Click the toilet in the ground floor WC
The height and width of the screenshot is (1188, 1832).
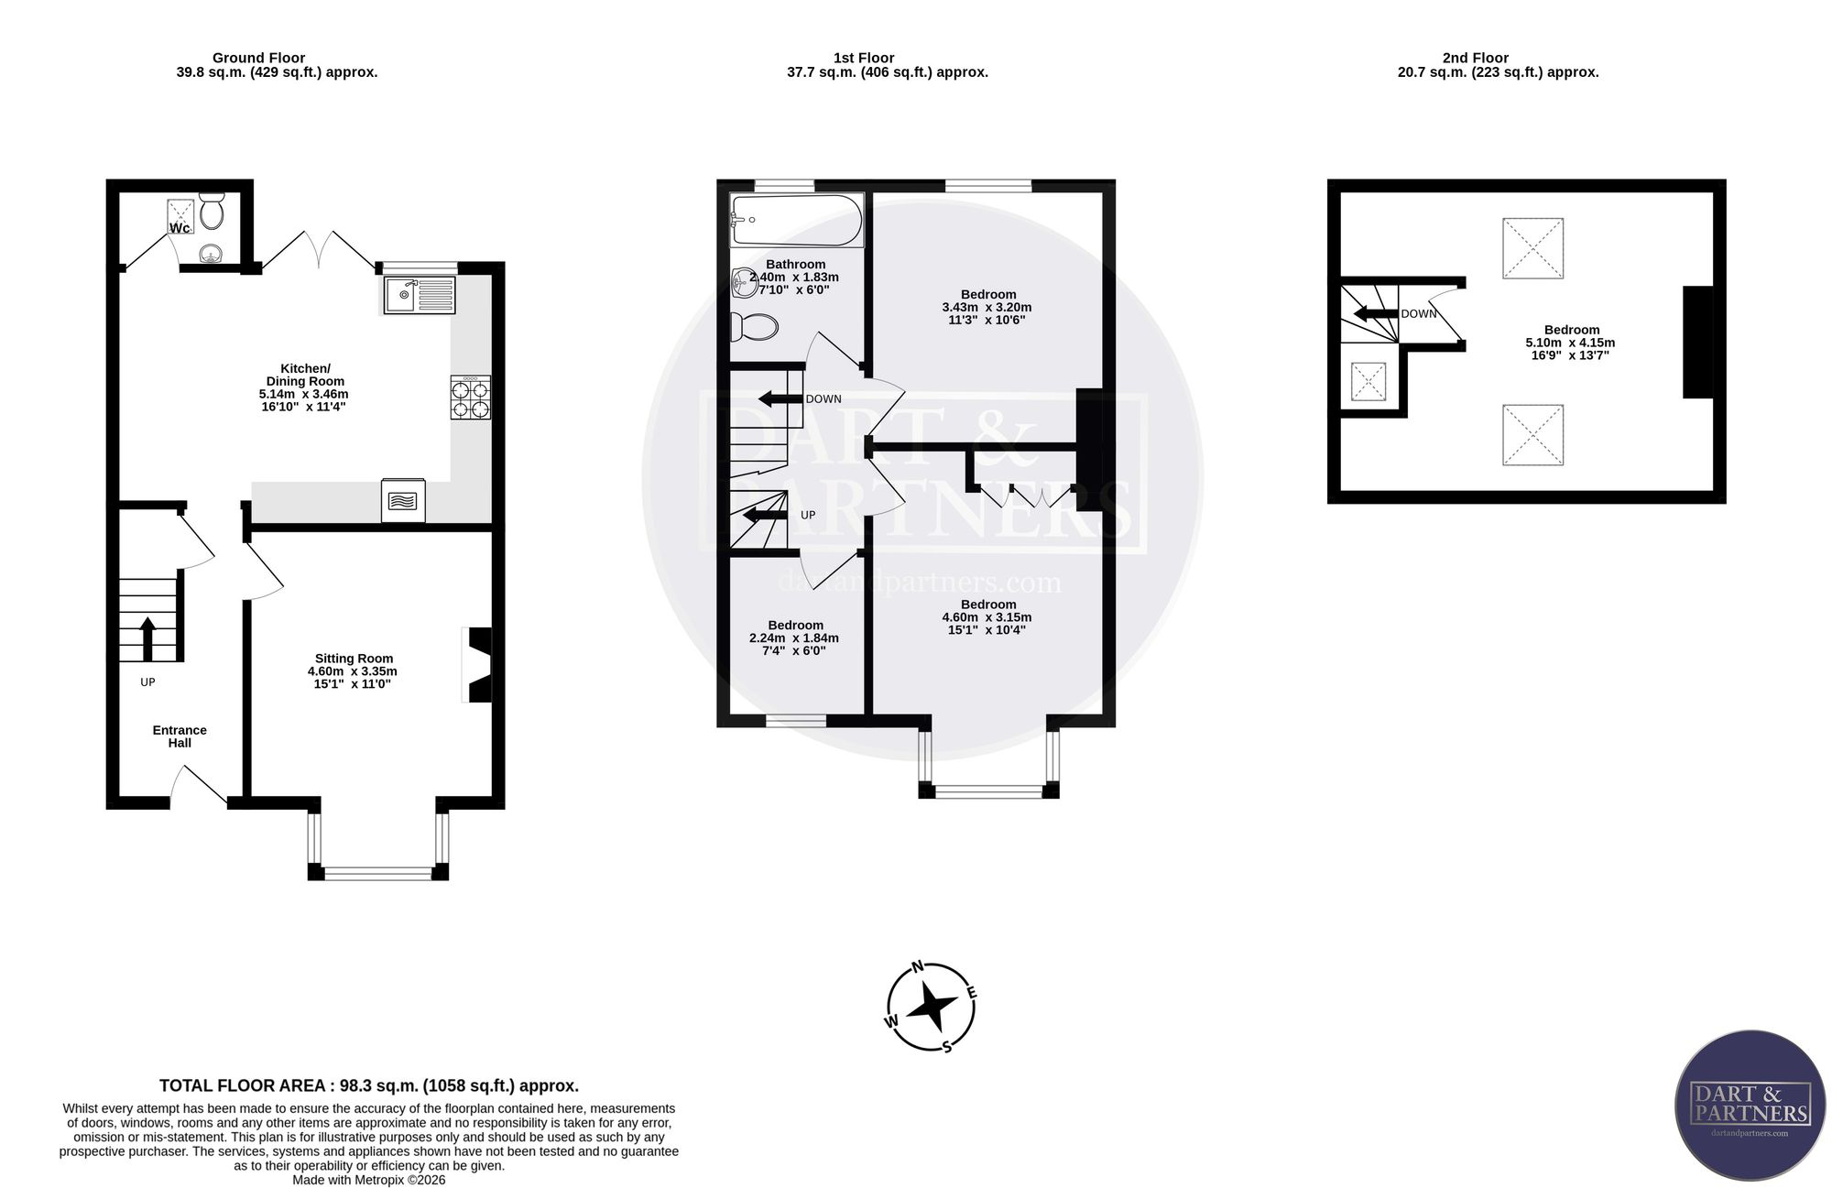pyautogui.click(x=212, y=211)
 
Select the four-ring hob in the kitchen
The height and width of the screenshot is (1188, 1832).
pyautogui.click(x=470, y=398)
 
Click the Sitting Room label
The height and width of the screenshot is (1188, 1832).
pyautogui.click(x=354, y=658)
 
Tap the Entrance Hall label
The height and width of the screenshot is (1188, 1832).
pyautogui.click(x=180, y=736)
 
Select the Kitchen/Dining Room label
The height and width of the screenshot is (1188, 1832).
pyautogui.click(x=305, y=375)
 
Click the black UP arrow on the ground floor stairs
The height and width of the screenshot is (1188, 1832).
pyautogui.click(x=147, y=638)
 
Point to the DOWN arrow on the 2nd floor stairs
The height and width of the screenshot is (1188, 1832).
pyautogui.click(x=1376, y=314)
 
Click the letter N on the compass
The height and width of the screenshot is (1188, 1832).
pyautogui.click(x=918, y=966)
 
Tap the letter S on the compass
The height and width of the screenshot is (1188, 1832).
pyautogui.click(x=947, y=1047)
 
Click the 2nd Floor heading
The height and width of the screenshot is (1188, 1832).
pyautogui.click(x=1475, y=58)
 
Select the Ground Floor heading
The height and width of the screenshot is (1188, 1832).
pyautogui.click(x=258, y=58)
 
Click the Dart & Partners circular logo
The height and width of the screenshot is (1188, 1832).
pyautogui.click(x=1750, y=1105)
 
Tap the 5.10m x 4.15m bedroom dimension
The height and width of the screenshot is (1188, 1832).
pyautogui.click(x=1570, y=343)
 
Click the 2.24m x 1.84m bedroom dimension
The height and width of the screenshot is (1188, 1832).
pyautogui.click(x=793, y=638)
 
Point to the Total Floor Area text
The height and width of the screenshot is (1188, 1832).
pyautogui.click(x=369, y=1085)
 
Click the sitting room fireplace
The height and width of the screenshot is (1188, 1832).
pyautogui.click(x=478, y=664)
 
